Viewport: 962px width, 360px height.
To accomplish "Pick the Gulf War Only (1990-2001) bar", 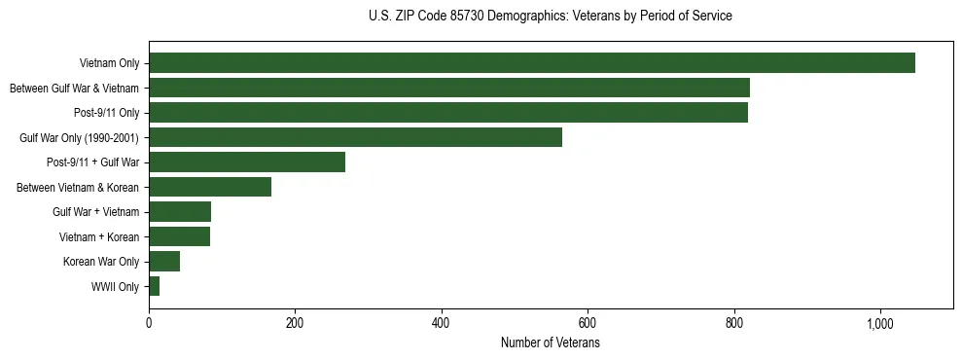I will click(x=355, y=137).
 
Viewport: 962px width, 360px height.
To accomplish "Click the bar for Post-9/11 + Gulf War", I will click(x=247, y=162).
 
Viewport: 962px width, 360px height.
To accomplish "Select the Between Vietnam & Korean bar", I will click(x=210, y=187).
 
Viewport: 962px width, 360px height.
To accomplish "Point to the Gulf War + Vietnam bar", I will click(x=180, y=212).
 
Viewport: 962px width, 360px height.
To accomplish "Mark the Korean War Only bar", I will click(x=164, y=262).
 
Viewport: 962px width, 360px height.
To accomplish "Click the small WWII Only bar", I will click(x=154, y=286).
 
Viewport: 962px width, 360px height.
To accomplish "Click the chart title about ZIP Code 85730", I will click(x=551, y=17).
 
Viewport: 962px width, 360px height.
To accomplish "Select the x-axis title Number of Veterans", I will click(x=551, y=343).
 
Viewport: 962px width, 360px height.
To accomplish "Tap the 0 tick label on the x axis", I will click(x=149, y=324).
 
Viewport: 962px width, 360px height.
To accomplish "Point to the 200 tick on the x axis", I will click(x=295, y=324).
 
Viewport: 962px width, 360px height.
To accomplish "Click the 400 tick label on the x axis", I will click(x=442, y=324).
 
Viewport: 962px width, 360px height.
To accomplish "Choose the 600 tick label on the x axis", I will click(x=588, y=324).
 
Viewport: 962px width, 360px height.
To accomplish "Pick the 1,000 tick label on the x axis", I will click(x=879, y=324).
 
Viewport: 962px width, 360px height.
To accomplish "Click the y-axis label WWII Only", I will click(x=115, y=287).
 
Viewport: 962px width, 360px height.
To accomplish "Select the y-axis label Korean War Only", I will click(x=101, y=262).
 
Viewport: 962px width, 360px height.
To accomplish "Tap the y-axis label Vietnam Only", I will click(x=109, y=63).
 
